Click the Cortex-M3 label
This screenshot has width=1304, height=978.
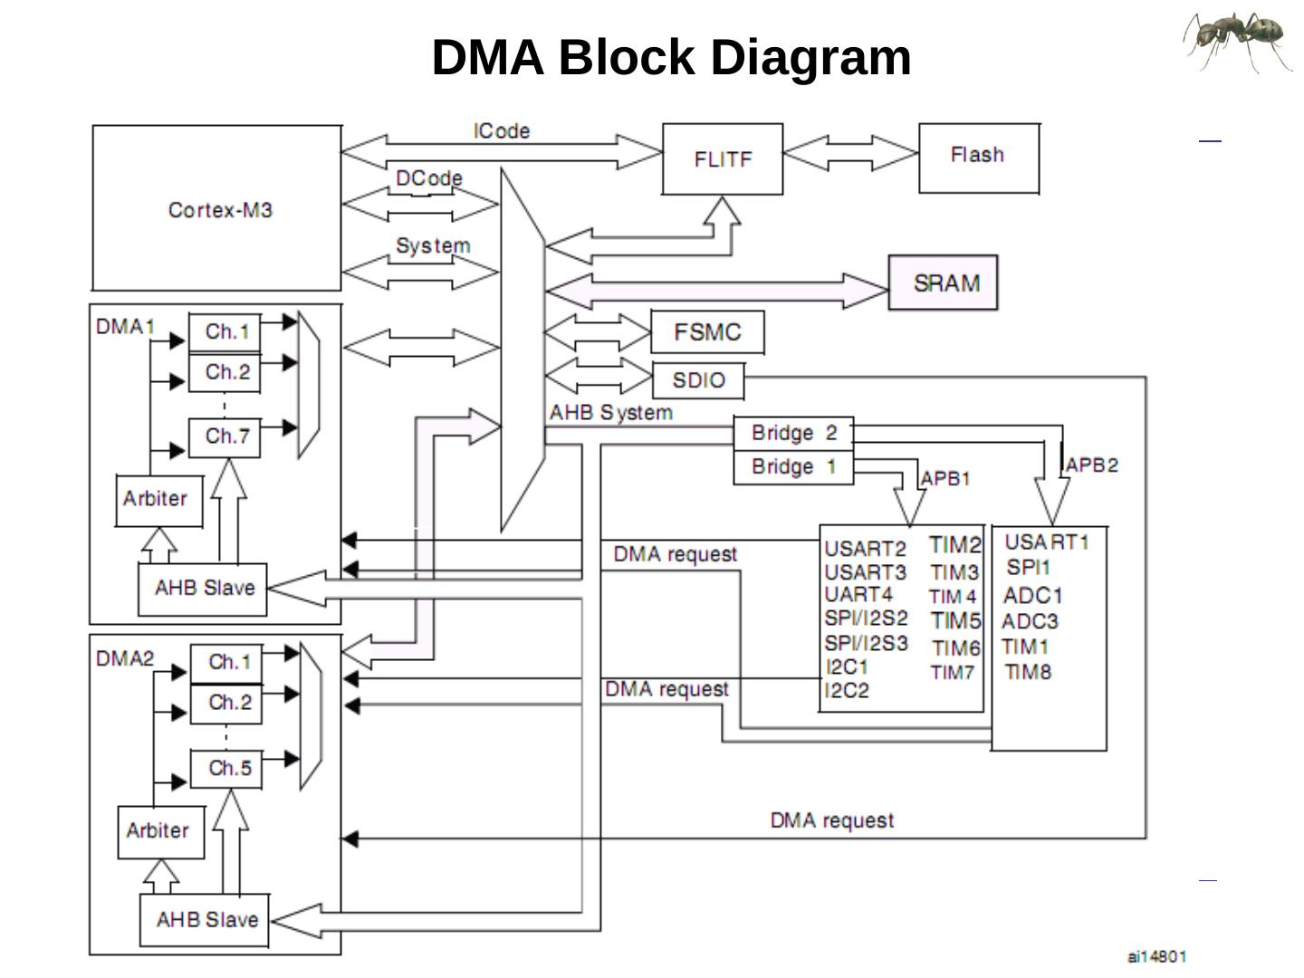coord(220,210)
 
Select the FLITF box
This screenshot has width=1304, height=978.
coord(723,159)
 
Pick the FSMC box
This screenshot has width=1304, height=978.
coord(707,332)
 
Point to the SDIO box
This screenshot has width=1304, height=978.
coord(698,380)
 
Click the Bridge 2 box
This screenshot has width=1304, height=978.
coord(793,434)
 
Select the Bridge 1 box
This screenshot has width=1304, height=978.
coord(793,467)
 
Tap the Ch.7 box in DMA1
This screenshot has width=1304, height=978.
coord(225,437)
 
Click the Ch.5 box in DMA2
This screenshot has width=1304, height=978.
coord(226,769)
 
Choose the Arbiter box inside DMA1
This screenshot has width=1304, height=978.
coord(158,500)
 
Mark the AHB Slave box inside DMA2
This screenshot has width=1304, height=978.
coord(205,920)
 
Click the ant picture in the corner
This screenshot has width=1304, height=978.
coord(1238,41)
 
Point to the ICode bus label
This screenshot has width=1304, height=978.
coord(502,131)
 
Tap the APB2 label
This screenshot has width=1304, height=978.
coord(1092,465)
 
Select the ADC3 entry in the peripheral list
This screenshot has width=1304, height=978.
coord(1030,622)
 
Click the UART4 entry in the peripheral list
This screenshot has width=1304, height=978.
coord(858,595)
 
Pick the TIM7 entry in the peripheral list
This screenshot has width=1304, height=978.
coord(953,673)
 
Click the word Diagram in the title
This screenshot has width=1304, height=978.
coord(810,58)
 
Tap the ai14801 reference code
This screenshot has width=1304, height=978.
coord(1156,956)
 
